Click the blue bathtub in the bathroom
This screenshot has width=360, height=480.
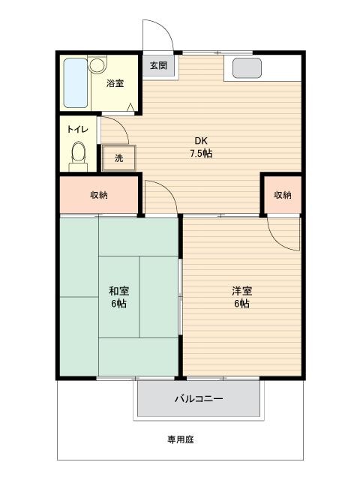(x=76, y=82)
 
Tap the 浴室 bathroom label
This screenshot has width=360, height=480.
(x=115, y=83)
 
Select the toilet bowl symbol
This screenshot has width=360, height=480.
(x=79, y=152)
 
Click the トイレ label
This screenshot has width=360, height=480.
(x=78, y=129)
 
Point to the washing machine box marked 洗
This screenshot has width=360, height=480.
(x=118, y=157)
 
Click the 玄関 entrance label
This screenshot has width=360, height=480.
(x=158, y=65)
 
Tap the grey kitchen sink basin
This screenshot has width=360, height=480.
(x=247, y=68)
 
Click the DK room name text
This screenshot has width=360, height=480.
(x=201, y=141)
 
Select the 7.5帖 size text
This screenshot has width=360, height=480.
(x=201, y=153)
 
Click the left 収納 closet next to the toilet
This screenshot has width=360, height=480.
(x=98, y=195)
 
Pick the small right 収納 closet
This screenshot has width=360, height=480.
(x=283, y=195)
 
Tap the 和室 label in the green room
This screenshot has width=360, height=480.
(x=118, y=290)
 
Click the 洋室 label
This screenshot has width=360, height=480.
(x=241, y=290)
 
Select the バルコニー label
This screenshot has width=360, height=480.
(x=199, y=398)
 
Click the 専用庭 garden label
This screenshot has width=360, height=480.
(x=181, y=439)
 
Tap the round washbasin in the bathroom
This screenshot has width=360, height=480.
(x=97, y=64)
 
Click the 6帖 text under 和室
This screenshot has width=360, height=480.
(x=118, y=304)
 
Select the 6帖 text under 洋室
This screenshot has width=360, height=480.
(x=241, y=304)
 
